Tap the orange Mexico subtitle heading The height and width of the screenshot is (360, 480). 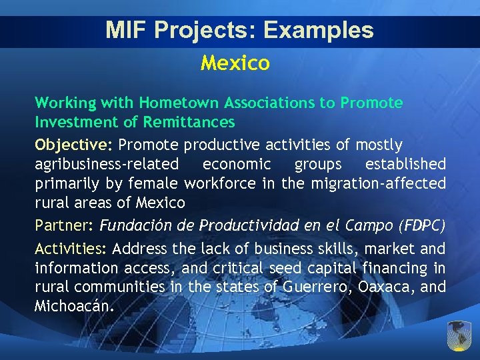235,63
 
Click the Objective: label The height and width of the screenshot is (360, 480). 73,145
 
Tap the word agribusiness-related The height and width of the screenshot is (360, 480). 107,164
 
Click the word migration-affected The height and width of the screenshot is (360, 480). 377,183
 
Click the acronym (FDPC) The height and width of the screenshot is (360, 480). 421,225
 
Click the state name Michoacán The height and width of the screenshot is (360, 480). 75,307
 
